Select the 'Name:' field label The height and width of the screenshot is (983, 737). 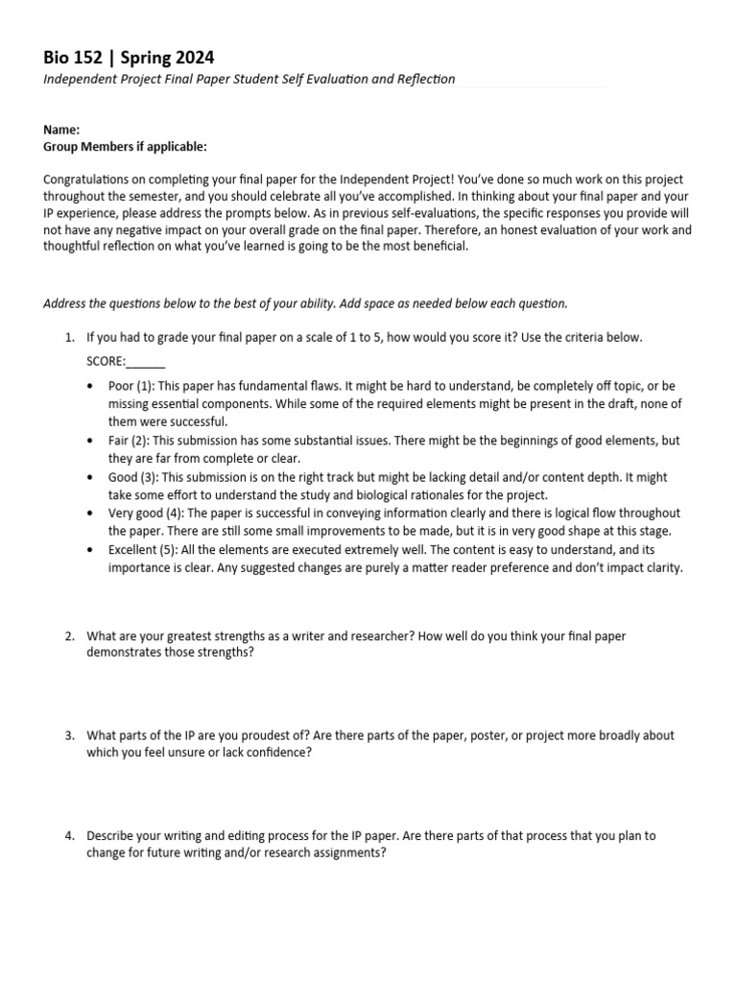[61, 130]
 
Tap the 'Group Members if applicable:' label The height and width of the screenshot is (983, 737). [125, 147]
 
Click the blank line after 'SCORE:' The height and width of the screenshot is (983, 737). [146, 362]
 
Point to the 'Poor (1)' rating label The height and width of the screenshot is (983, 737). [130, 386]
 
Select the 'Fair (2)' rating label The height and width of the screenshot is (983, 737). [129, 441]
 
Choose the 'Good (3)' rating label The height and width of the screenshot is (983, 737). [131, 477]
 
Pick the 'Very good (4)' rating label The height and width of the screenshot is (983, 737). [141, 514]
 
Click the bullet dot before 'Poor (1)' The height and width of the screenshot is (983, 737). [90, 387]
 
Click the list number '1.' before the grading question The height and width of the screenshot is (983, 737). [70, 338]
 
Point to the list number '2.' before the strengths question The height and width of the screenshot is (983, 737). [70, 636]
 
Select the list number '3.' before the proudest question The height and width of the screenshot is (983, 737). [70, 735]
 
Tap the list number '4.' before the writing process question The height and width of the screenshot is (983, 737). [70, 835]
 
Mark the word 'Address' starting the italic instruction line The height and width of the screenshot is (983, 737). [64, 304]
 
